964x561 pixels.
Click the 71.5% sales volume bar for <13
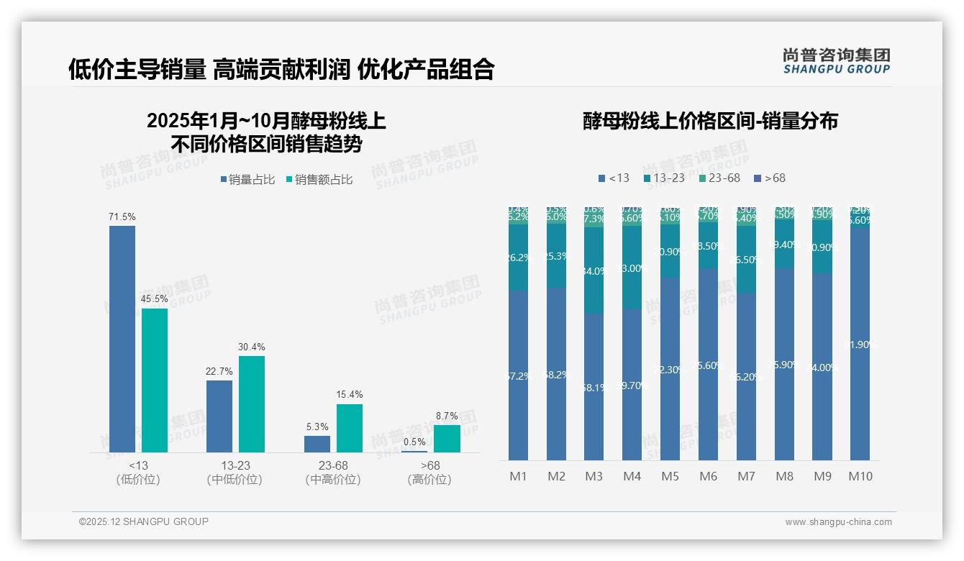(x=122, y=339)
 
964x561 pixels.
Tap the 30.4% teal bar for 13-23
(x=252, y=403)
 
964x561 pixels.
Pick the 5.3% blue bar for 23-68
(x=317, y=444)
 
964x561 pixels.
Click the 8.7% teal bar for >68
(x=447, y=438)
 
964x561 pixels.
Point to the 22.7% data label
(x=219, y=371)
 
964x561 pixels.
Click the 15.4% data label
(x=350, y=395)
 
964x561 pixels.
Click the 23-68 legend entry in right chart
(x=719, y=178)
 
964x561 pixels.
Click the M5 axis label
(x=670, y=476)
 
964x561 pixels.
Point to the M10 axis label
(x=860, y=476)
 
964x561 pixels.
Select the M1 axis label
(x=519, y=476)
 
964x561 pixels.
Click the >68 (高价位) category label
(x=429, y=473)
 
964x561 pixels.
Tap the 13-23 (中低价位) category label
(x=235, y=473)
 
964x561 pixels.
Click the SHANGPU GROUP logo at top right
(x=836, y=61)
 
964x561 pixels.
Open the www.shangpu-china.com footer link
(x=838, y=522)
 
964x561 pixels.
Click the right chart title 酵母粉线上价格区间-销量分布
(x=710, y=121)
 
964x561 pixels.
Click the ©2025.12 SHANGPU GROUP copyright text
(x=144, y=521)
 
